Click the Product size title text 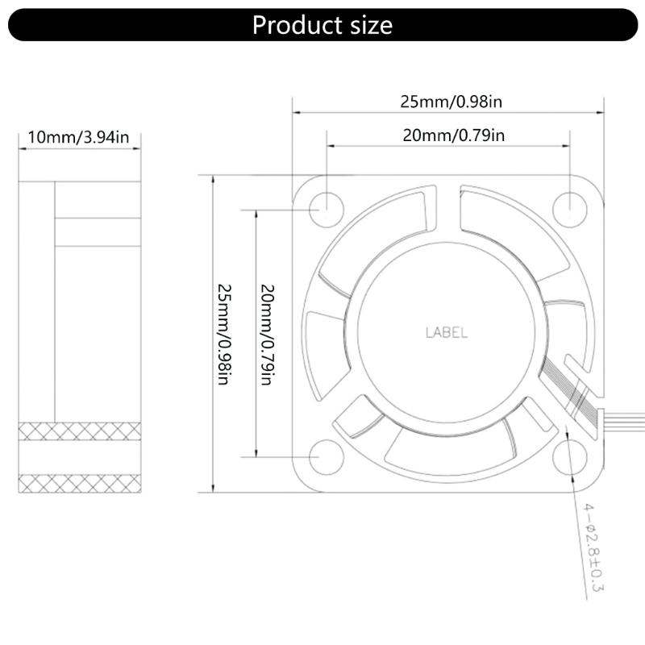coord(322,25)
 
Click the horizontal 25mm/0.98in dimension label coord(451,102)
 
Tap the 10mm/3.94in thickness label coord(78,136)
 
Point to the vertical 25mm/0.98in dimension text coord(225,333)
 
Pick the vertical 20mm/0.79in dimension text coord(267,333)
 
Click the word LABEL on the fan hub coord(446,332)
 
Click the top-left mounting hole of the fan coord(327,205)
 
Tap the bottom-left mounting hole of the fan coord(327,456)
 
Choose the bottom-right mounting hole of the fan coord(568,456)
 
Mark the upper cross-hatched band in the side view coord(79,431)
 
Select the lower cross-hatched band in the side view coord(79,483)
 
